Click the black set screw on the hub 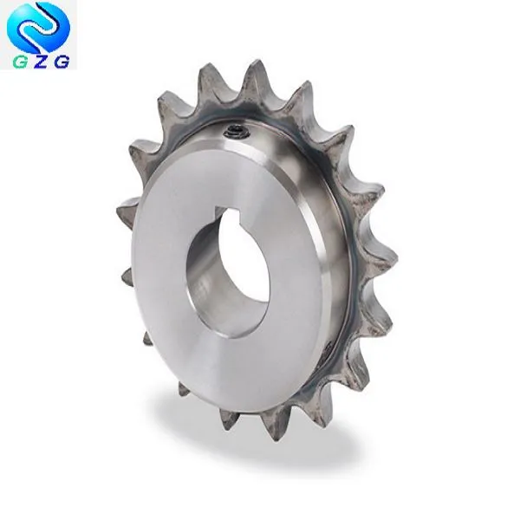[235, 133]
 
